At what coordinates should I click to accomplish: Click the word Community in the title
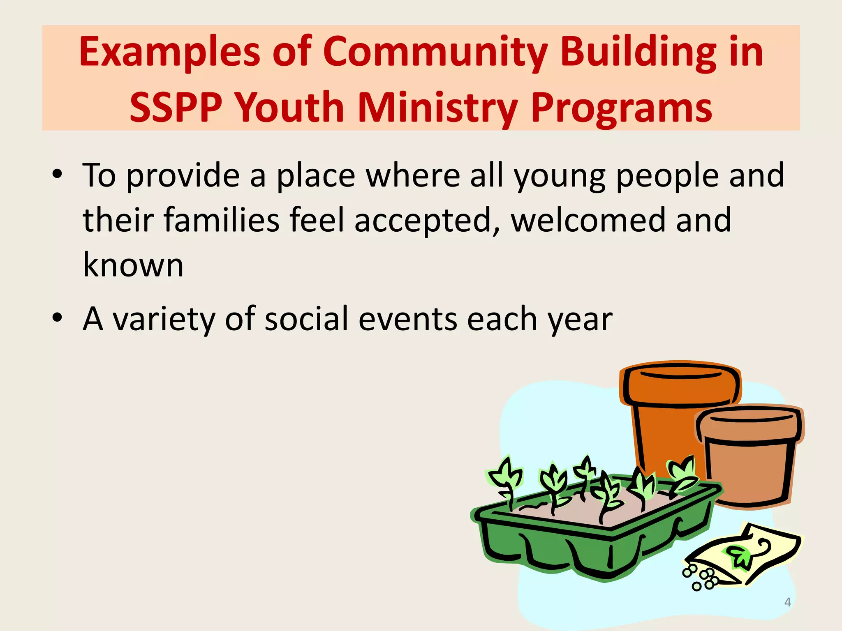435,52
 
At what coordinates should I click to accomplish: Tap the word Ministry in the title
437,108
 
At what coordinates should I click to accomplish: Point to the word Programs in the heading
621,108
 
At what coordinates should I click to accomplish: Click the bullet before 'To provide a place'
57,175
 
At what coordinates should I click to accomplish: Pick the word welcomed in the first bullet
588,220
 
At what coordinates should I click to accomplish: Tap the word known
133,265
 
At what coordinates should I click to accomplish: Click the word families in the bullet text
222,220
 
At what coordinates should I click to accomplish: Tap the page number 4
787,602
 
